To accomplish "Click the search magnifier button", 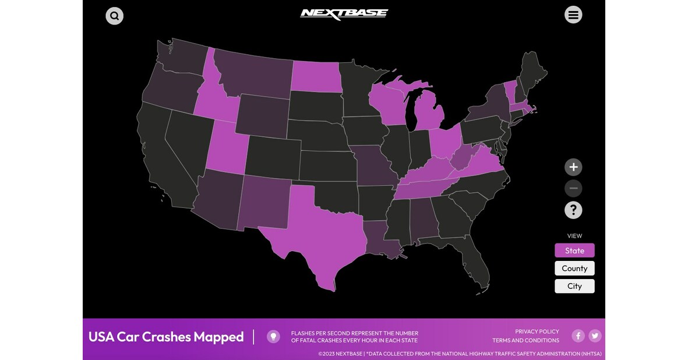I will click(114, 16).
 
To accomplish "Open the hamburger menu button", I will click(573, 15).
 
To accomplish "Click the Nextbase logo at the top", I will click(344, 14).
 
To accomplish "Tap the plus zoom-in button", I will click(573, 167).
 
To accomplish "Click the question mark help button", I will click(573, 210).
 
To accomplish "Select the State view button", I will click(574, 250).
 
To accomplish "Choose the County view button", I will click(574, 269).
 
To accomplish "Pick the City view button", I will click(574, 286).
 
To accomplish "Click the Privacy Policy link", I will click(537, 331).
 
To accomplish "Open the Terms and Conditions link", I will click(525, 340).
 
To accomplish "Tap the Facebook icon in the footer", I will click(578, 336).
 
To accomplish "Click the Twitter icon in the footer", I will click(595, 336).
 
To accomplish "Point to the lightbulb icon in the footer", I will click(273, 337).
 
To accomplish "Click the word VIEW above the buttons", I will click(574, 236).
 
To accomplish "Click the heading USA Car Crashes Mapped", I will click(166, 337).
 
